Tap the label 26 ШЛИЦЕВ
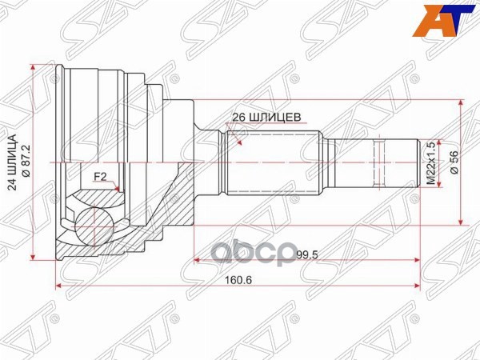[x=266, y=114]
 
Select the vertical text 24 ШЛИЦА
[x=11, y=162]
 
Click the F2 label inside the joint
[x=101, y=176]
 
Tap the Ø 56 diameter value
[x=453, y=162]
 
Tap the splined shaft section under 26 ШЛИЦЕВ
[x=272, y=162]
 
